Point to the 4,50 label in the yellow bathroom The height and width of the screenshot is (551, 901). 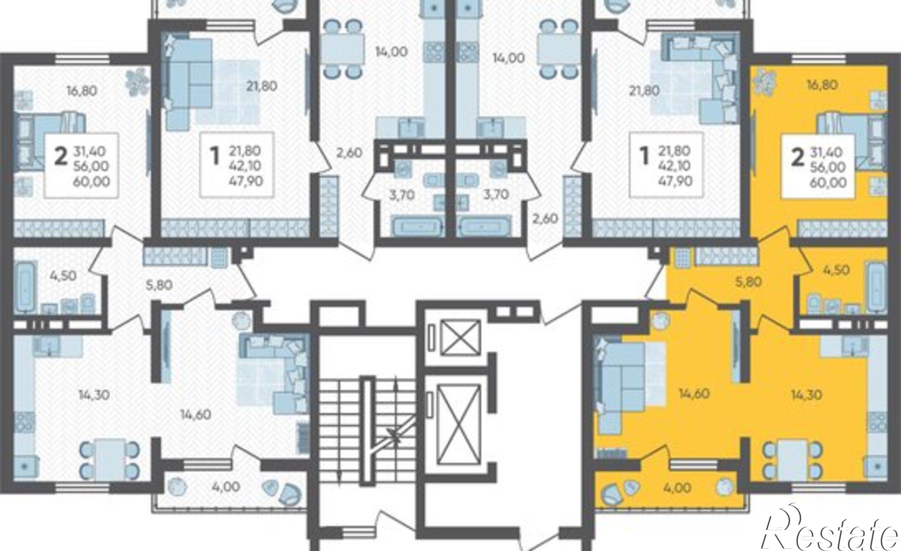[836, 270]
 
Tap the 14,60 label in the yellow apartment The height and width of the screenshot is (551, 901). [694, 394]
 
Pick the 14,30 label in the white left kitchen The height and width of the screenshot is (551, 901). [94, 395]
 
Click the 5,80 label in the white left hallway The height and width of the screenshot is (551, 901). [159, 285]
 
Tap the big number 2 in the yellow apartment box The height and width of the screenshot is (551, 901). [797, 158]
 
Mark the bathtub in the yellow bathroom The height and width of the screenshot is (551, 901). [876, 287]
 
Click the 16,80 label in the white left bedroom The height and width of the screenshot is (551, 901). [81, 91]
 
